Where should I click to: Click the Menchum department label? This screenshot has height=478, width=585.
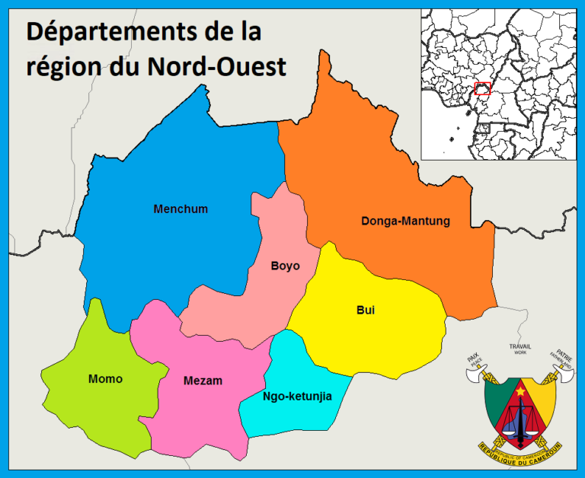coord(181,209)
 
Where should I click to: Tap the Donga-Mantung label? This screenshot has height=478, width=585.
coord(405,221)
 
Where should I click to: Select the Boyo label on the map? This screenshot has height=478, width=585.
coord(285,266)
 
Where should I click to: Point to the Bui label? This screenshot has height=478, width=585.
coord(366,310)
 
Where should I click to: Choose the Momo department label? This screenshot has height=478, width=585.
coord(105,378)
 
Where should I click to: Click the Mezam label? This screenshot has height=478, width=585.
coord(203,381)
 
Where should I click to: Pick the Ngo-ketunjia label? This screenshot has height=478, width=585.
coord(297,396)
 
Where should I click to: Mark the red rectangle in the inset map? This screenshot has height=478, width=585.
coord(482,88)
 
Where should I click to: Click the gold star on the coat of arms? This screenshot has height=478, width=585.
coord(521,391)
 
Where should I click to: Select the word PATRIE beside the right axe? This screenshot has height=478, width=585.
coord(564,355)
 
